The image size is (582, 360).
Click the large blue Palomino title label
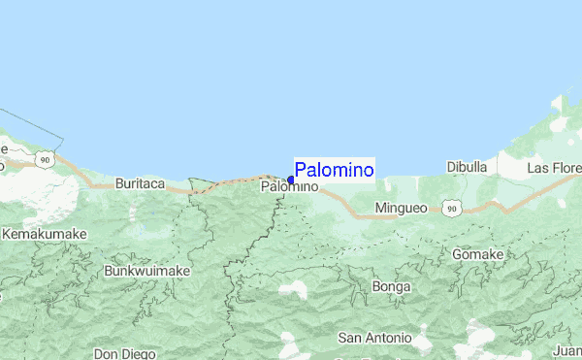(334, 170)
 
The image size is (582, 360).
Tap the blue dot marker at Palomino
(291, 180)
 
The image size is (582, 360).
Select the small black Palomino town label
(289, 186)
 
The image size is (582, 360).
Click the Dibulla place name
(467, 167)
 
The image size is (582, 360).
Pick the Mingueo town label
(400, 209)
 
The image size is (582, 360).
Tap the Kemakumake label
(45, 235)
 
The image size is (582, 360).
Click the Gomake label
(478, 254)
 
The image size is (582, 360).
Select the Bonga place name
(391, 287)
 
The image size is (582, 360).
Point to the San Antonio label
(374, 338)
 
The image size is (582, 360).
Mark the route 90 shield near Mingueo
(450, 208)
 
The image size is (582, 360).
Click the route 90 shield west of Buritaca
(45, 158)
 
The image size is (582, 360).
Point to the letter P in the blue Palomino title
(301, 170)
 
